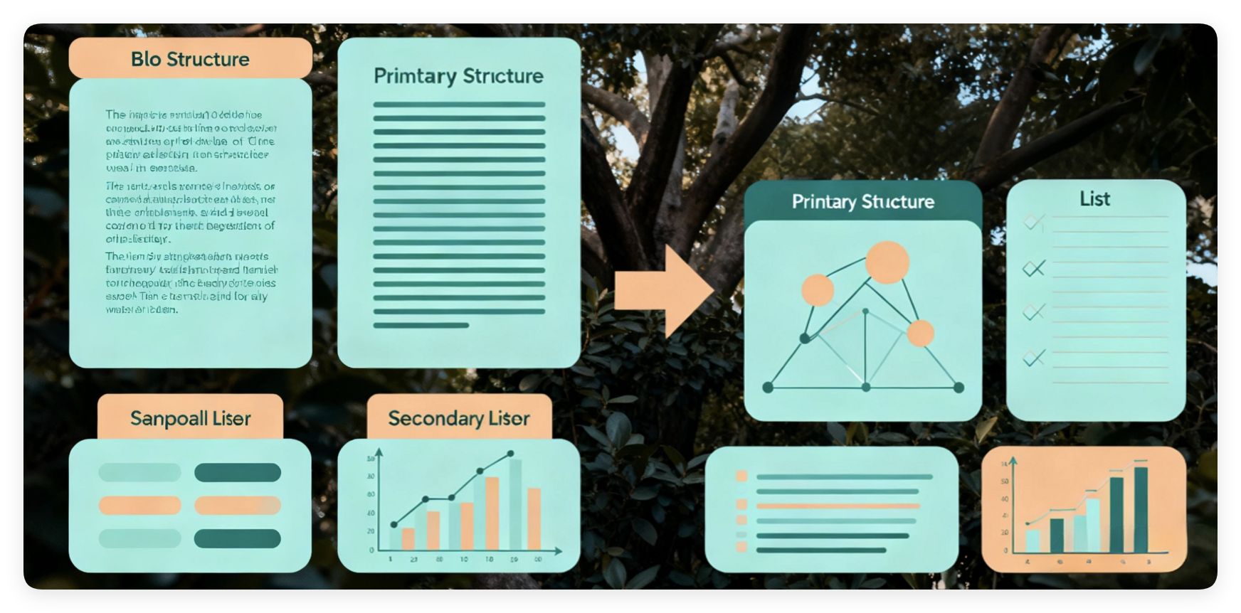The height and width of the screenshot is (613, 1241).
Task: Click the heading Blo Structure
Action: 190,59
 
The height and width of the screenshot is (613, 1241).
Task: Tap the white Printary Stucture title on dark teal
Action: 862,202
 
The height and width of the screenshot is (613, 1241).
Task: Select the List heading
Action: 1094,199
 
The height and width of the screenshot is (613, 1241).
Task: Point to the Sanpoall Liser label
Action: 190,418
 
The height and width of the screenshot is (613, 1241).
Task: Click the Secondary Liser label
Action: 459,419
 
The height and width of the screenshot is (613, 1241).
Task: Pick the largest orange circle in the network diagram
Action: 887,262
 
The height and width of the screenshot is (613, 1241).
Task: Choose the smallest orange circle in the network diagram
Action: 920,333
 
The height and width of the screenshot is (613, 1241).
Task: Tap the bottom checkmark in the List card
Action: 1033,357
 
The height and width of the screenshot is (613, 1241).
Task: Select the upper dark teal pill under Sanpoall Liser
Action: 237,472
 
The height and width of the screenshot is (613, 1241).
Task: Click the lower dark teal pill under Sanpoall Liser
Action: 237,539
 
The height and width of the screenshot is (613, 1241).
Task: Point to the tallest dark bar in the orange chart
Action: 1140,509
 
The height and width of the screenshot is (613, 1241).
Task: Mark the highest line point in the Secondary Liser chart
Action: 510,454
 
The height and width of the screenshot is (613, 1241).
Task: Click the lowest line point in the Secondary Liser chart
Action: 394,525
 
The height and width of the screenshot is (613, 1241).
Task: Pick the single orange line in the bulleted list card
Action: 838,506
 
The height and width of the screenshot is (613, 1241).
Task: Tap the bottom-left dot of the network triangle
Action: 768,388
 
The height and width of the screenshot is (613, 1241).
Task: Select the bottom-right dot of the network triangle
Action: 959,388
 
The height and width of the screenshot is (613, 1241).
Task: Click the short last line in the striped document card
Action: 421,326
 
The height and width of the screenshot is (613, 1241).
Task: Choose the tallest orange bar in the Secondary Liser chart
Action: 492,513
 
